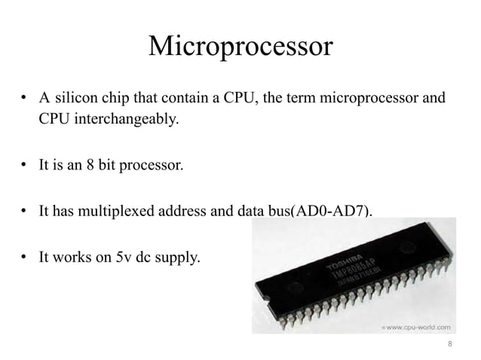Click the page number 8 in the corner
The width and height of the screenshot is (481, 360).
click(450, 345)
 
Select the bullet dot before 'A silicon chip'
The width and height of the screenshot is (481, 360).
click(24, 99)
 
